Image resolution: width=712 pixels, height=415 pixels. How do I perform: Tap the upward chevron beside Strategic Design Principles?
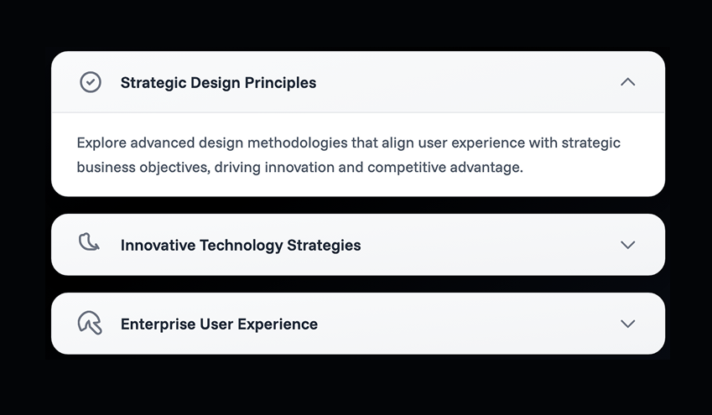click(627, 82)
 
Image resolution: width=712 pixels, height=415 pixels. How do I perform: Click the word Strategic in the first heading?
click(153, 83)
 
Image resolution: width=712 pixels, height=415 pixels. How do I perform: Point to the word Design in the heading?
click(216, 83)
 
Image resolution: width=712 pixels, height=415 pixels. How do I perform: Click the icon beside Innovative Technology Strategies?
click(90, 242)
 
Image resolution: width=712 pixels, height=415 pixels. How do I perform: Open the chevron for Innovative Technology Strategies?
click(627, 245)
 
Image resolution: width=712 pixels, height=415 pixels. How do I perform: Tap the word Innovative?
click(158, 245)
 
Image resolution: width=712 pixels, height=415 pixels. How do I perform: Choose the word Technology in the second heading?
click(242, 246)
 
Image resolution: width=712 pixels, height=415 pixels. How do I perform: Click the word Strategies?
click(324, 246)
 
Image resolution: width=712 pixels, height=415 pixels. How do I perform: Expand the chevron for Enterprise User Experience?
click(627, 324)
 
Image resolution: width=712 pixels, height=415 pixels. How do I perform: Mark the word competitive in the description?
click(407, 168)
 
